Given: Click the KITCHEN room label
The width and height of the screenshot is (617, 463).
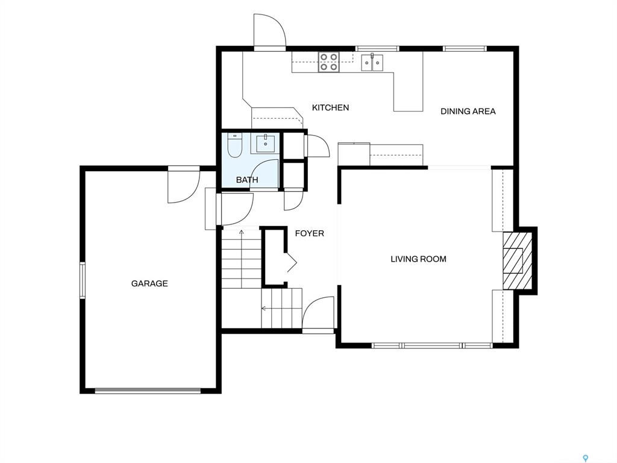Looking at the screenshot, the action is pos(330,107).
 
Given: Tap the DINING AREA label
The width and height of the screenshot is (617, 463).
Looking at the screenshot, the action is pos(468,112).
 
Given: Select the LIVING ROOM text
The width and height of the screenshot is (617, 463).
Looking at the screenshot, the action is pos(418,259).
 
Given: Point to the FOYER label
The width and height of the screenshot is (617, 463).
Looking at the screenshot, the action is pos(309,233).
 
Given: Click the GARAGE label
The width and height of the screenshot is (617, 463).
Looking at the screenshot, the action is pos(149,283).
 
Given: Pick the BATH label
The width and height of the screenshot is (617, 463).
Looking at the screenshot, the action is pos(247,180).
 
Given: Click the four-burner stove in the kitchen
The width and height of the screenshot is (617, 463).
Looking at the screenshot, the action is pos(329,62).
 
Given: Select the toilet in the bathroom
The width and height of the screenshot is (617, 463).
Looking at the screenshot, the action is pos(235,146).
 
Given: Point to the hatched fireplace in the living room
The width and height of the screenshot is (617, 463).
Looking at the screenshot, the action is pos(518,260).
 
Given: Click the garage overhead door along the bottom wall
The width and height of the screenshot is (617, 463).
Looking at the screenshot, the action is pos(148,391).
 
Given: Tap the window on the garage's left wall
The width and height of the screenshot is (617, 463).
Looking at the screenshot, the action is pos(82,280).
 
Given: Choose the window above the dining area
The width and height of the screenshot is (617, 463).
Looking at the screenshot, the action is pos(465,49).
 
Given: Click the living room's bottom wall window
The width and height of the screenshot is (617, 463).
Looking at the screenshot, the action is pos(432,345).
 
